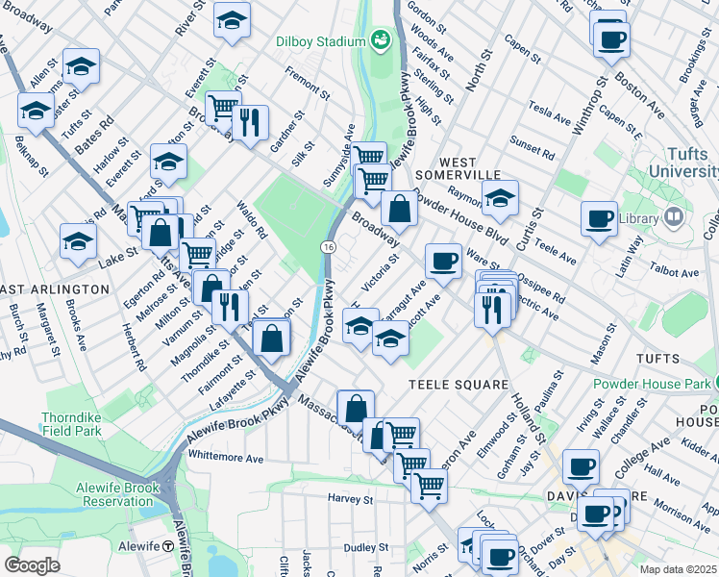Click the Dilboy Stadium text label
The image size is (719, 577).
pyautogui.click(x=321, y=41)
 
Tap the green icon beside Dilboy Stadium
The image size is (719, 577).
pyautogui.click(x=381, y=40)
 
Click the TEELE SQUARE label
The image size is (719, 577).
pyautogui.click(x=459, y=385)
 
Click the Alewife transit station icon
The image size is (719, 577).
pyautogui.click(x=168, y=545)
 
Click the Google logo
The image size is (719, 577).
pyautogui.click(x=32, y=564)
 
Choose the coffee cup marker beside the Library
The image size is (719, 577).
pyautogui.click(x=599, y=216)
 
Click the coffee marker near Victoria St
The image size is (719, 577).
pyautogui.click(x=443, y=260)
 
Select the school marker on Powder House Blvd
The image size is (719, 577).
pyautogui.click(x=500, y=199)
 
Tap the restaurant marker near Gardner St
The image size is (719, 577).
pyautogui.click(x=250, y=123)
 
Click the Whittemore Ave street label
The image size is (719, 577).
pyautogui.click(x=227, y=460)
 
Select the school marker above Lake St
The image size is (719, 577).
pyautogui.click(x=78, y=241)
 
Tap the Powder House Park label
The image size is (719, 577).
pyautogui.click(x=653, y=384)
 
